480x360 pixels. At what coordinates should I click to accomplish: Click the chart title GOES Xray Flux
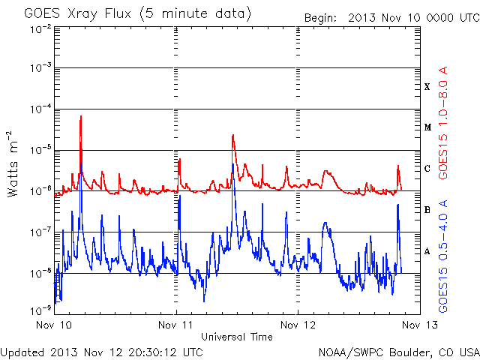[78, 14]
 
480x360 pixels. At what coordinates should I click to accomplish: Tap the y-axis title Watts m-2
[12, 164]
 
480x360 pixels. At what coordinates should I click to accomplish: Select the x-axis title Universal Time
[237, 337]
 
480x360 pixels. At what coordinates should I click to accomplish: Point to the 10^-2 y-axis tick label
[40, 30]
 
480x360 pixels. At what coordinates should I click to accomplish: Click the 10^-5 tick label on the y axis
[40, 150]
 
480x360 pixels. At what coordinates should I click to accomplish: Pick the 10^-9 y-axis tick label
[40, 311]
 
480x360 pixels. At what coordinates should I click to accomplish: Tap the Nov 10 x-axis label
[53, 325]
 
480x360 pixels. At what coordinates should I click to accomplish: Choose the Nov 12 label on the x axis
[298, 325]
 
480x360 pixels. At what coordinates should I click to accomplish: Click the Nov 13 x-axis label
[420, 325]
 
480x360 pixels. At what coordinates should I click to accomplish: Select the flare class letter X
[427, 87]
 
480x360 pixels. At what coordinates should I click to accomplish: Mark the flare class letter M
[427, 127]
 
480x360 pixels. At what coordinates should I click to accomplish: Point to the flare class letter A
[427, 251]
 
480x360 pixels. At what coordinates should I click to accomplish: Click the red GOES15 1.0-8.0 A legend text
[443, 122]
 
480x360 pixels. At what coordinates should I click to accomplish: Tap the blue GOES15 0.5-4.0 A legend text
[443, 256]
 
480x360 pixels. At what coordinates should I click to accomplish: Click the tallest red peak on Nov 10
[81, 116]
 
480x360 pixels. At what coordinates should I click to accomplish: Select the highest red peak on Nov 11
[233, 135]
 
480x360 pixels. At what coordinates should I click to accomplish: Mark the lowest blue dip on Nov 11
[204, 301]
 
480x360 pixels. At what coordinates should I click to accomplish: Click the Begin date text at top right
[391, 18]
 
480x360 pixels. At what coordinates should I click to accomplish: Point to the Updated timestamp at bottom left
[102, 352]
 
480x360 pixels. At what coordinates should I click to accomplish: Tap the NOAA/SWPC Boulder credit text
[399, 352]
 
